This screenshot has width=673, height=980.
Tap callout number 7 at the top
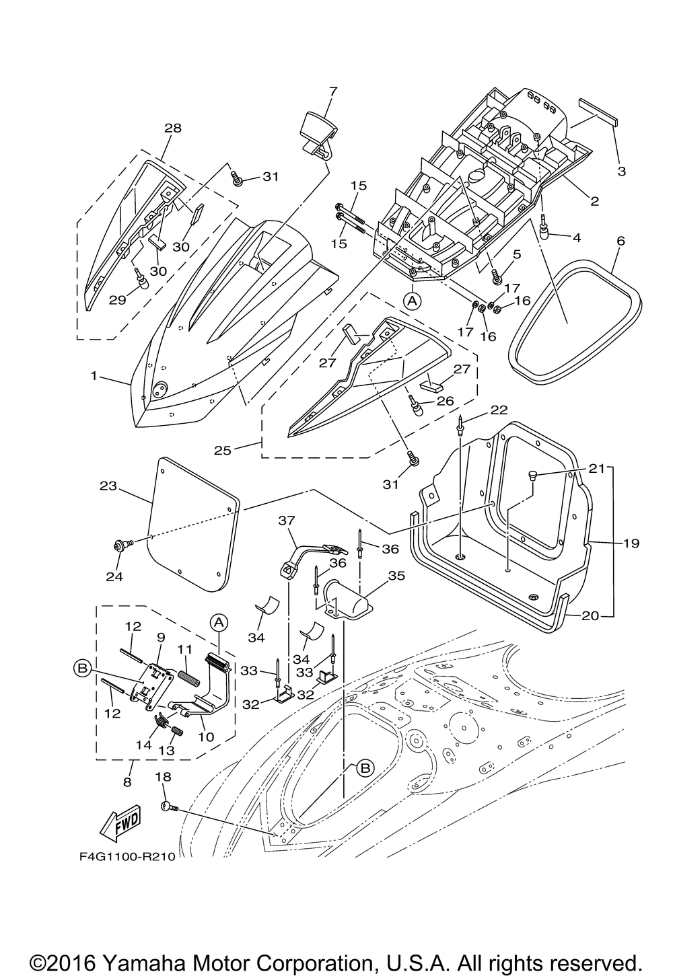pyautogui.click(x=332, y=91)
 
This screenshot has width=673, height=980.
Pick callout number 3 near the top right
pyautogui.click(x=621, y=172)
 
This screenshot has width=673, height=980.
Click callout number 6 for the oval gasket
pyautogui.click(x=621, y=241)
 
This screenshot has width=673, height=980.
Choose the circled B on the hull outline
pyautogui.click(x=364, y=768)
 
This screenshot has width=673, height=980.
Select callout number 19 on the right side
pyautogui.click(x=631, y=542)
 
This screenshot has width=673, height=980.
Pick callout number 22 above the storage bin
pyautogui.click(x=499, y=410)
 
